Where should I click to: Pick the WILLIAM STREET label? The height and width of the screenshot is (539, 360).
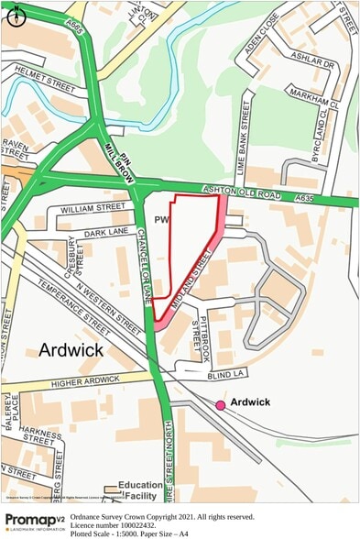point(92,209)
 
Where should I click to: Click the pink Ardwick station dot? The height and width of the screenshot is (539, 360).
point(221,404)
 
